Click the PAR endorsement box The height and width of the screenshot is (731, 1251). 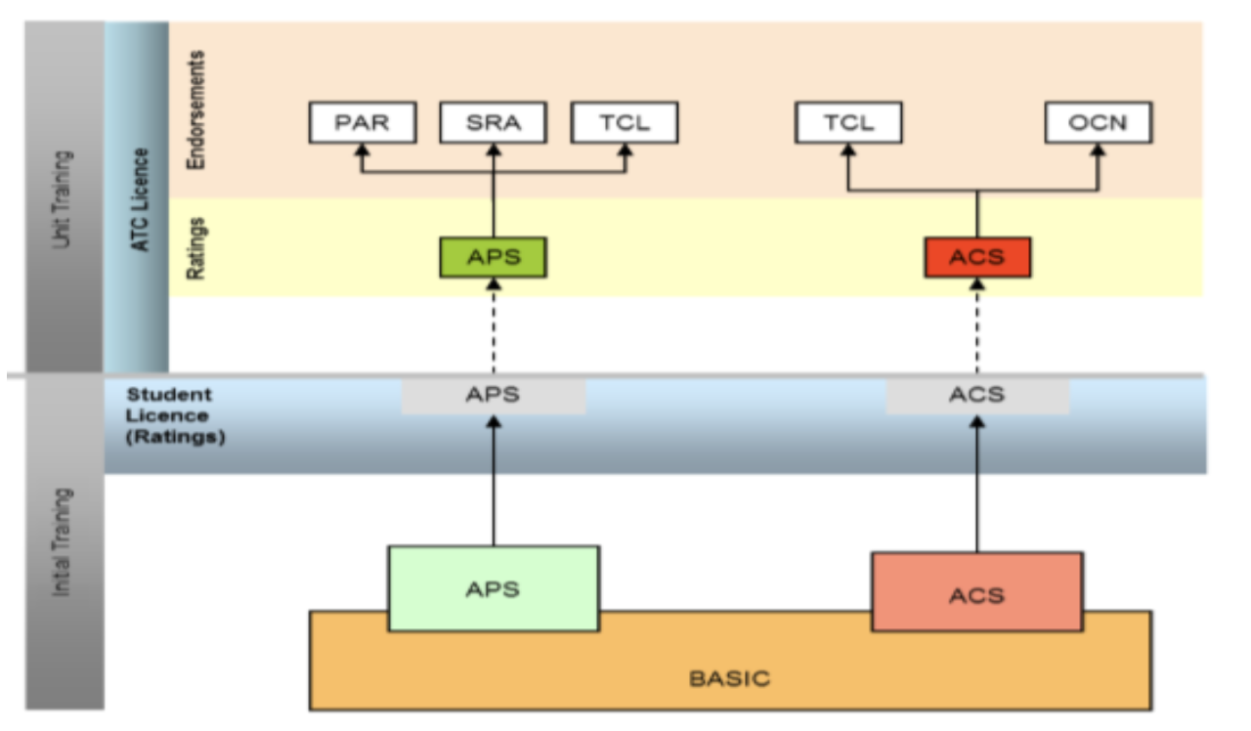pyautogui.click(x=363, y=123)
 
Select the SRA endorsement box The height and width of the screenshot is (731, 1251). pyautogui.click(x=493, y=123)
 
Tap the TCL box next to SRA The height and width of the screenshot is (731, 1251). pyautogui.click(x=625, y=123)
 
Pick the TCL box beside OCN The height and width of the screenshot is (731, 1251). pyautogui.click(x=848, y=123)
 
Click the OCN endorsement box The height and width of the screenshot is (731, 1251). pyautogui.click(x=1099, y=123)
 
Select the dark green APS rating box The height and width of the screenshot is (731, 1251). pyautogui.click(x=493, y=258)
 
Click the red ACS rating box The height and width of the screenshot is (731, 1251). pyautogui.click(x=977, y=258)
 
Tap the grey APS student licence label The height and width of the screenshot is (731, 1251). pyautogui.click(x=493, y=396)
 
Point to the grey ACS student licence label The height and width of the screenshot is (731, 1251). pyautogui.click(x=977, y=396)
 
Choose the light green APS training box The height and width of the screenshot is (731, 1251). pyautogui.click(x=493, y=588)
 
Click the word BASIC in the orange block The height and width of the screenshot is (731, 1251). pyautogui.click(x=729, y=677)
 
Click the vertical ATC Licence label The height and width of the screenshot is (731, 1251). pyautogui.click(x=140, y=199)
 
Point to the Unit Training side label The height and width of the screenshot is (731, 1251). pyautogui.click(x=65, y=198)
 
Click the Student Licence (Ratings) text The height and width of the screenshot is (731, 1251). pyautogui.click(x=176, y=415)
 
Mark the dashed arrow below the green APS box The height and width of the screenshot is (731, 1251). pyautogui.click(x=493, y=326)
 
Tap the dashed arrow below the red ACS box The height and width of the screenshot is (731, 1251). pyautogui.click(x=977, y=326)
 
